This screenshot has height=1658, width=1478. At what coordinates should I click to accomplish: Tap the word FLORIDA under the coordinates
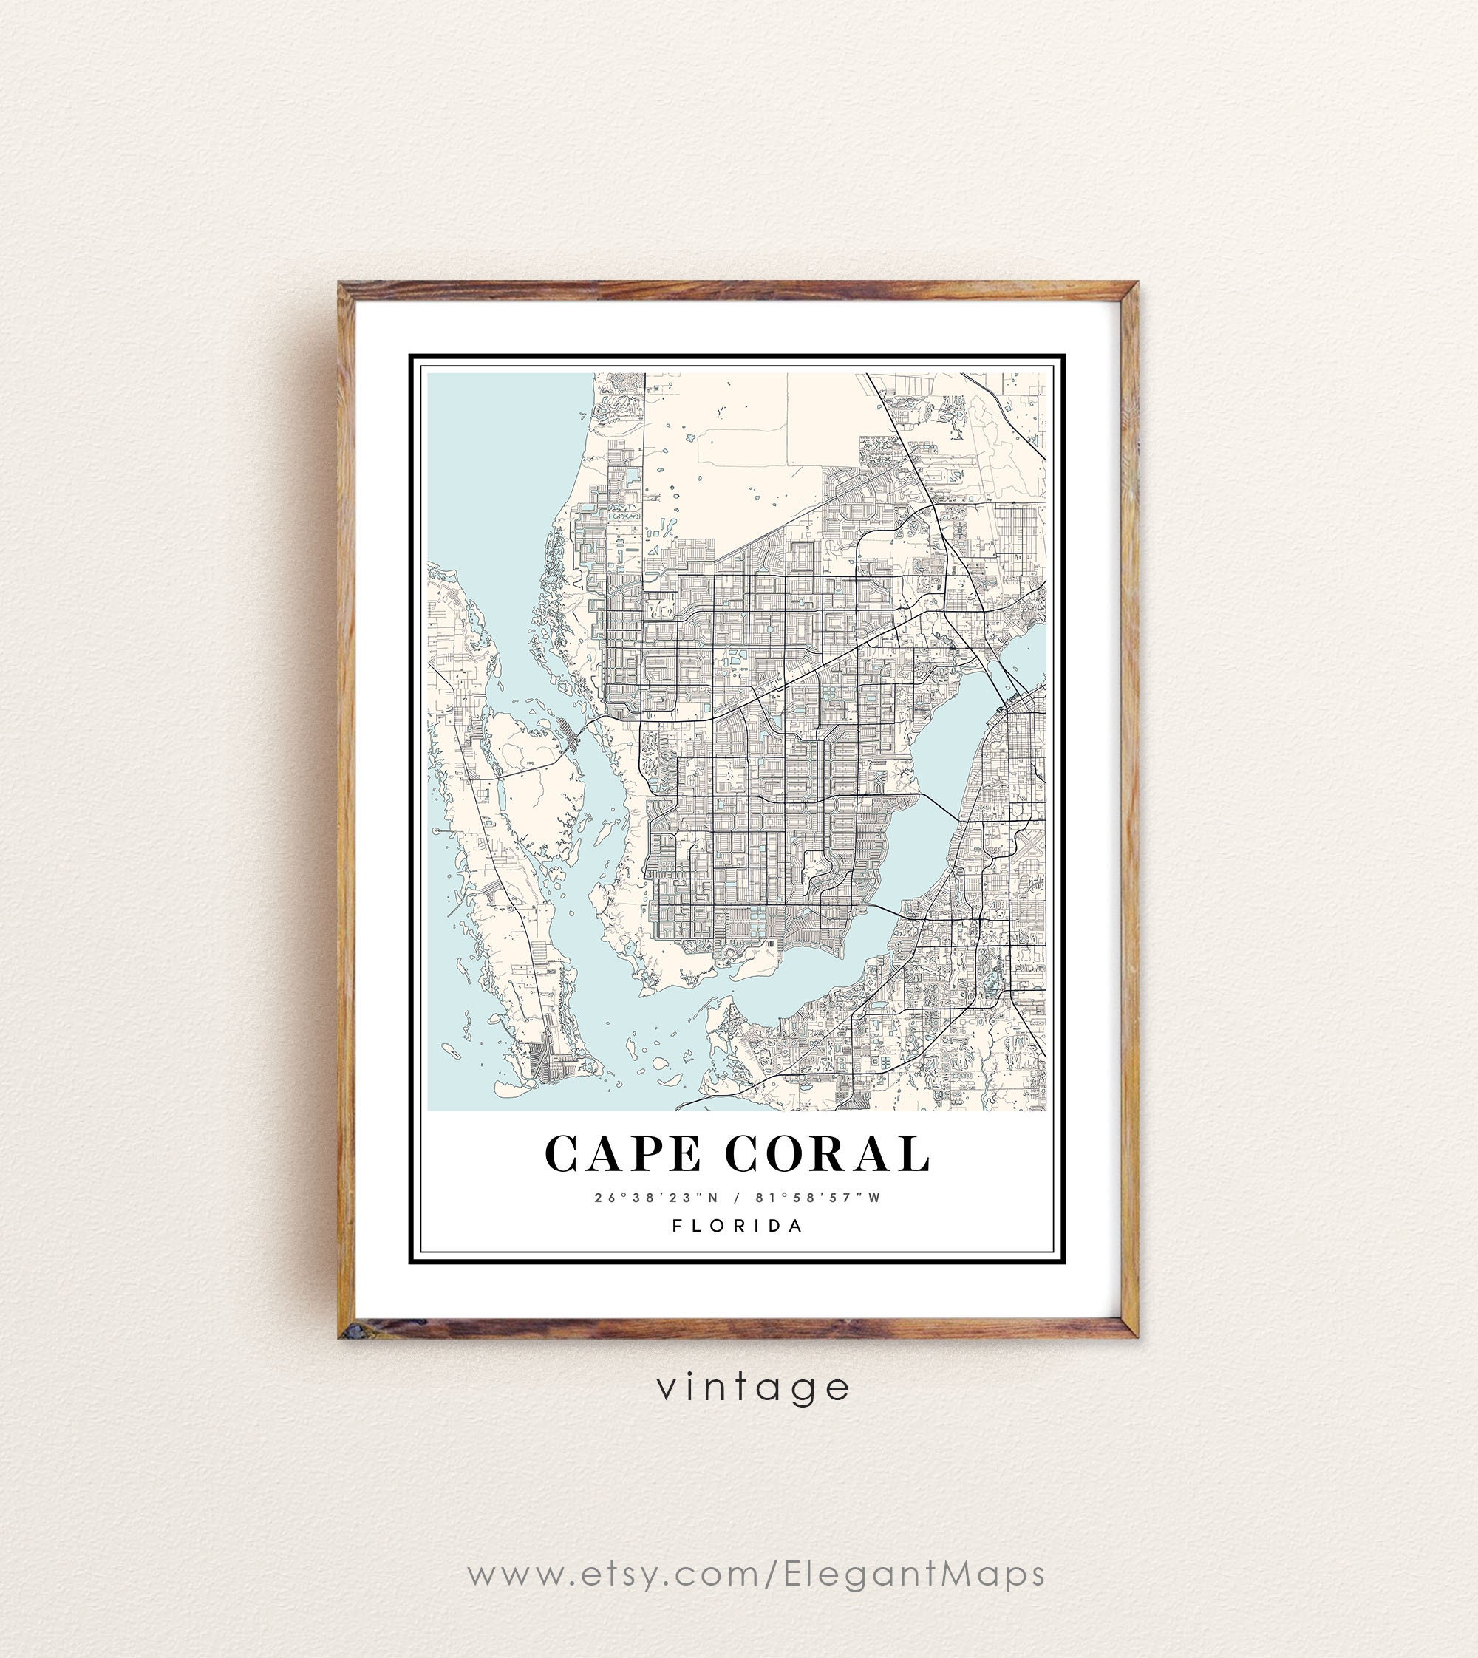pyautogui.click(x=738, y=1226)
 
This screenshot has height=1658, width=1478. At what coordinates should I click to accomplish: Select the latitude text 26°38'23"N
pyautogui.click(x=657, y=1198)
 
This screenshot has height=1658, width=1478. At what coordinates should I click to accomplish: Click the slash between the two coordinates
pyautogui.click(x=737, y=1198)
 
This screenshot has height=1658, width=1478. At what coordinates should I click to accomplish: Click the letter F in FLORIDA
pyautogui.click(x=677, y=1226)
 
